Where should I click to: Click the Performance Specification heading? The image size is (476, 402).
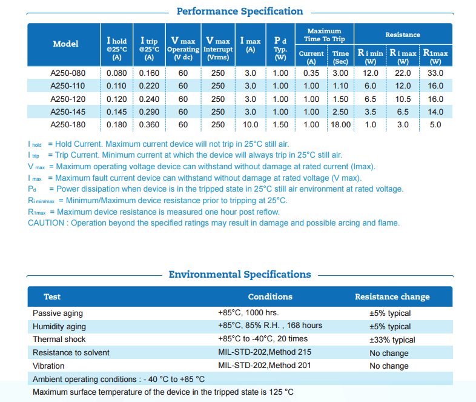(x=239, y=12)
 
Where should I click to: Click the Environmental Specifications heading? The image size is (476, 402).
(x=239, y=275)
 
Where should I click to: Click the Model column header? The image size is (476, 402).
(x=65, y=44)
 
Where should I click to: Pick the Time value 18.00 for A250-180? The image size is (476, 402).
(x=340, y=125)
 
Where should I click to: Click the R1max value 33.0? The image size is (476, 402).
(x=435, y=73)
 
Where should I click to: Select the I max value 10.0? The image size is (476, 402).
(x=250, y=125)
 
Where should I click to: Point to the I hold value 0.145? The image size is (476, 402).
(x=117, y=112)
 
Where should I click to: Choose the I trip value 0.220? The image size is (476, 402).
(x=149, y=86)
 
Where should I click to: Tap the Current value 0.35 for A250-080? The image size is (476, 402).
(x=311, y=73)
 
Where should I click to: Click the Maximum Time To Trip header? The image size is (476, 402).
(x=324, y=35)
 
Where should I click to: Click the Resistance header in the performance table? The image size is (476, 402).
(x=403, y=35)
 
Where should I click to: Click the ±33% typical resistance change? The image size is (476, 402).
(x=392, y=340)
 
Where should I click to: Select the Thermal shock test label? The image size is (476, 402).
(x=59, y=340)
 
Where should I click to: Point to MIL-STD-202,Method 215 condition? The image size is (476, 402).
(x=265, y=353)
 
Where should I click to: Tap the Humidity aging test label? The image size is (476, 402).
(x=59, y=326)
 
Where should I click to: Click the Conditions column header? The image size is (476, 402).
(x=270, y=296)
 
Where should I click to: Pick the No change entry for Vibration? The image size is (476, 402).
(x=389, y=366)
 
